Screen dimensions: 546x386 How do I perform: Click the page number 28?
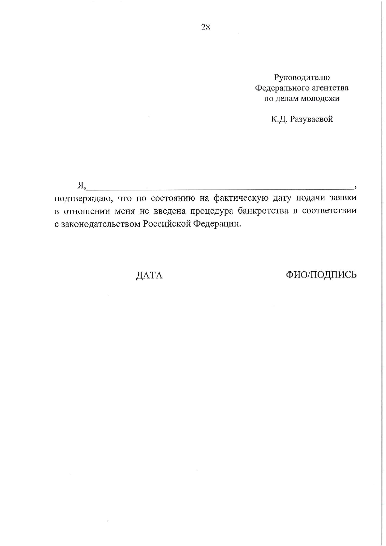tap(206, 27)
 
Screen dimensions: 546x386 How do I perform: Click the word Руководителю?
tap(302, 77)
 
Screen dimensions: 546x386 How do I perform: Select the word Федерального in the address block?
tap(281, 88)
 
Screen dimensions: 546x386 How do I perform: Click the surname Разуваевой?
tap(311, 119)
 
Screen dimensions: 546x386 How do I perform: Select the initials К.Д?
tap(279, 119)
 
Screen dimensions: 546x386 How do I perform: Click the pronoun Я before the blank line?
tap(81, 185)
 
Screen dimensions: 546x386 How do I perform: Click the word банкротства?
tap(263, 211)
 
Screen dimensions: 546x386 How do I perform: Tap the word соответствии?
tap(329, 211)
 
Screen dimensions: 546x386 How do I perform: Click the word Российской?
tap(167, 224)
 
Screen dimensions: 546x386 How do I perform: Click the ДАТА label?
tap(149, 275)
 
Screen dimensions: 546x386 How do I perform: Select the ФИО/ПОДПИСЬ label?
tap(321, 274)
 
